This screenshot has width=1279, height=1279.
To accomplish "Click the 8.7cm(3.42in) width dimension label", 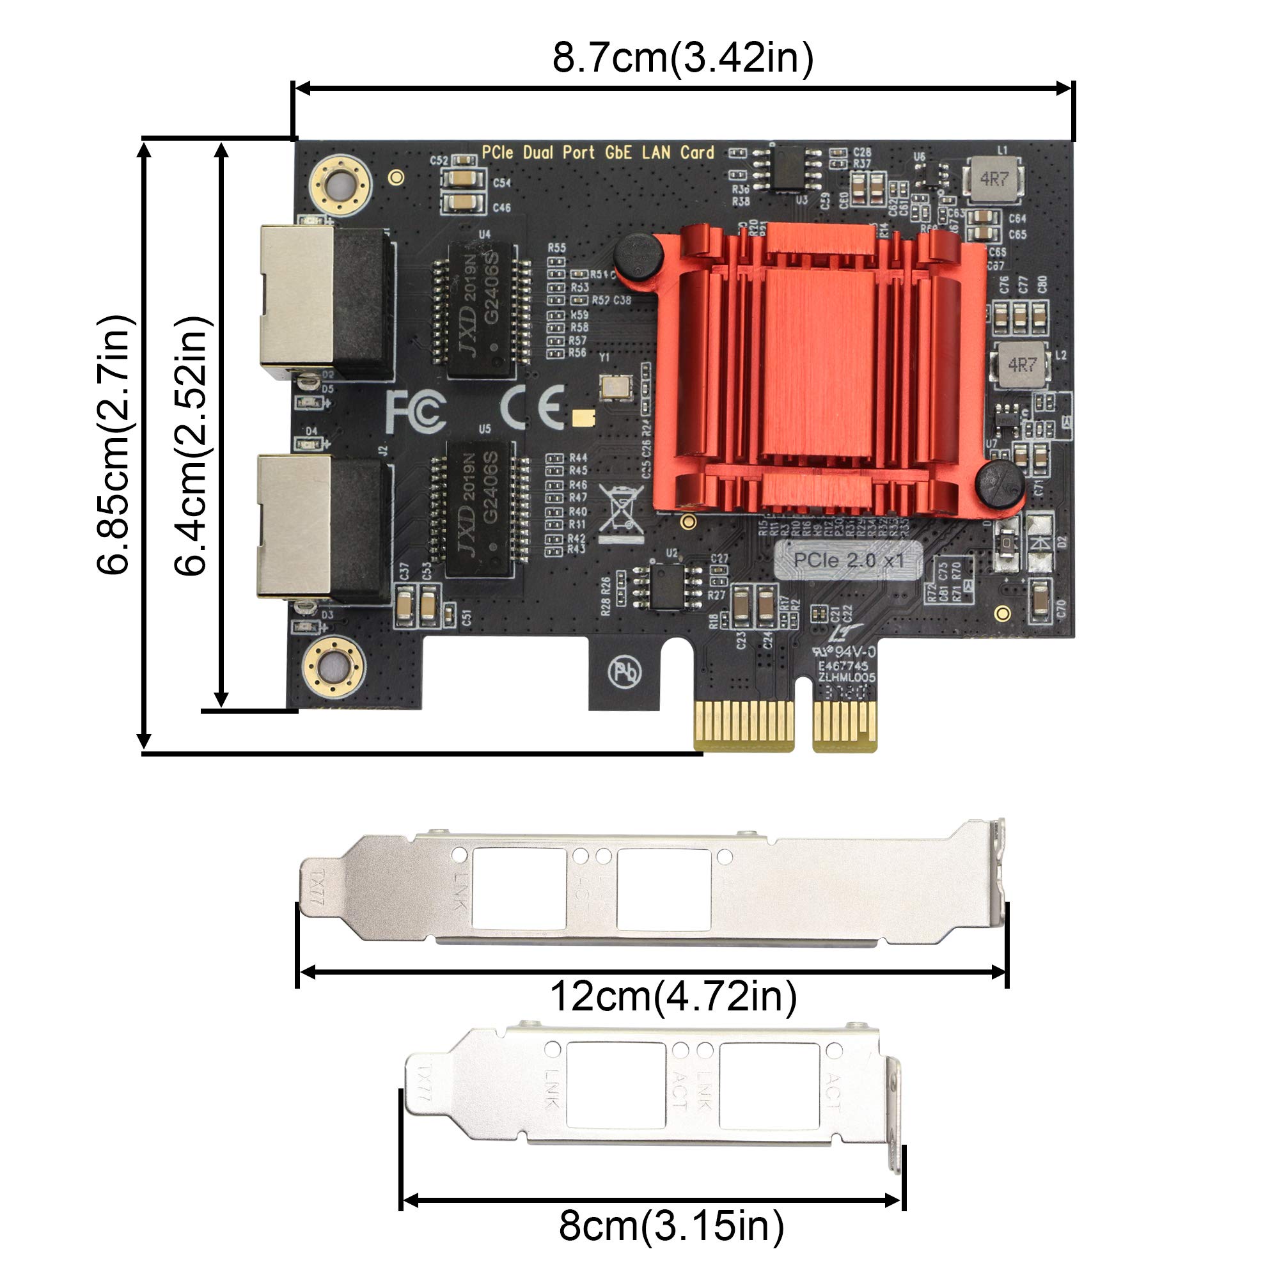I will (x=682, y=58).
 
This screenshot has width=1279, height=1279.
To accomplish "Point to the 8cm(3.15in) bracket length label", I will (x=671, y=1225).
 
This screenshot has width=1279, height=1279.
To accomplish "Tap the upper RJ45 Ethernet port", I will (x=324, y=302).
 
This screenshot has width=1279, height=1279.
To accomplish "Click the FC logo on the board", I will (x=416, y=411).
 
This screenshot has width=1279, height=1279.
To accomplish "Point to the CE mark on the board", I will (x=532, y=408).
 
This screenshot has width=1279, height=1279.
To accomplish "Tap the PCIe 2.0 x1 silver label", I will (x=848, y=561).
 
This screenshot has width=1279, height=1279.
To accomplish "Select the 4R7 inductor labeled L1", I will (x=994, y=179).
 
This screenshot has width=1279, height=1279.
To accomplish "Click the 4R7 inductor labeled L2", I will (x=1021, y=365).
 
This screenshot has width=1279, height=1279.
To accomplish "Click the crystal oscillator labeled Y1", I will (x=615, y=387).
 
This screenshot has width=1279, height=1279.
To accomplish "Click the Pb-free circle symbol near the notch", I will (x=624, y=672).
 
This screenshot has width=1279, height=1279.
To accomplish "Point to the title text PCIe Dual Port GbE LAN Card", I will (x=598, y=153).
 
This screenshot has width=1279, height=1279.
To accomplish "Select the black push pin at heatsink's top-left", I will (x=638, y=256).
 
